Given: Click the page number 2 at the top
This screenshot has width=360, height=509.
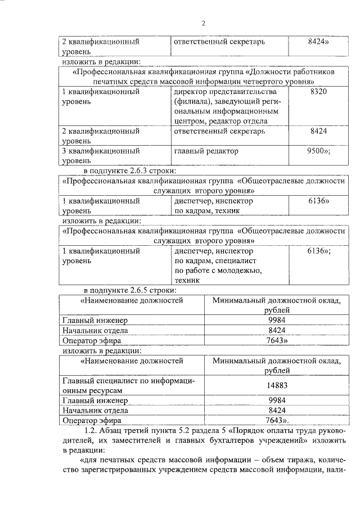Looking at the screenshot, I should [203, 24].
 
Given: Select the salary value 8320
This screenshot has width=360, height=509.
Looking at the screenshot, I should [318, 92].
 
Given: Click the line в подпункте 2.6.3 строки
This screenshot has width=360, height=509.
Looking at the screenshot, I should [130, 171].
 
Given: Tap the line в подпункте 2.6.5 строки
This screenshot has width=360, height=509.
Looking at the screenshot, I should [130, 290].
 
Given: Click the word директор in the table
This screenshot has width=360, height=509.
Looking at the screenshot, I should [191, 92].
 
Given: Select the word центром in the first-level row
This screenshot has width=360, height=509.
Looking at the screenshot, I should [190, 121].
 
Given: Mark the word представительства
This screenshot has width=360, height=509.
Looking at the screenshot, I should [242, 92].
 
